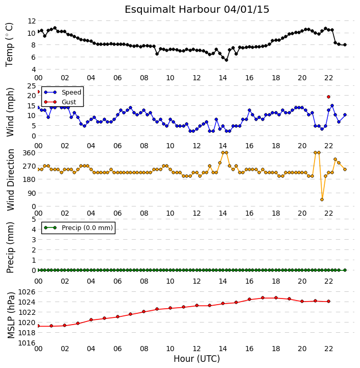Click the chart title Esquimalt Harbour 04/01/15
tap(197, 10)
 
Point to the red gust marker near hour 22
tap(328, 97)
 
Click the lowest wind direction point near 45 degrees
tap(322, 199)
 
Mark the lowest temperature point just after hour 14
tap(226, 60)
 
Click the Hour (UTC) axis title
tap(197, 359)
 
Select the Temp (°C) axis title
tap(9, 44)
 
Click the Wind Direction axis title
tap(11, 180)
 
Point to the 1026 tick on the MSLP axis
tap(27, 292)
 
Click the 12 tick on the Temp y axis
tap(32, 21)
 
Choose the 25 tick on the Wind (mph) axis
tap(32, 86)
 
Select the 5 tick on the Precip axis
tap(34, 219)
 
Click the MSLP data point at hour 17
tap(262, 298)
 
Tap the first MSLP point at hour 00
tap(38, 326)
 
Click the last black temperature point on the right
tap(345, 45)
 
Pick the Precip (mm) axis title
tap(10, 247)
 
